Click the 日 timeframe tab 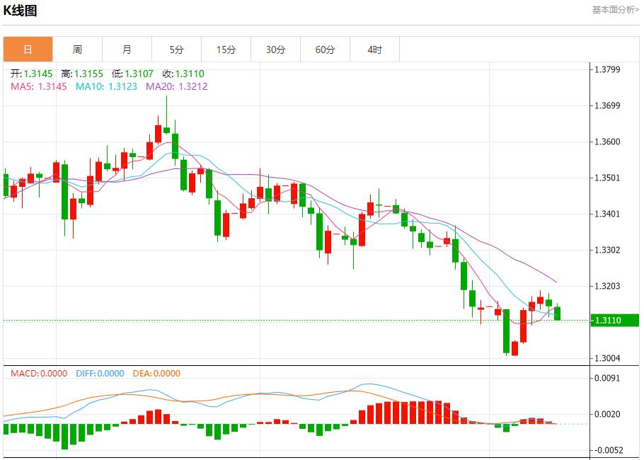(x=28, y=50)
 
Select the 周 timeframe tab (x=77, y=50)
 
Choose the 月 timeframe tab (x=127, y=50)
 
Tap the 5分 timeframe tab (x=176, y=50)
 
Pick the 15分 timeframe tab (x=226, y=50)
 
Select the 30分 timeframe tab (x=275, y=50)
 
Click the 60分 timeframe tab (x=325, y=50)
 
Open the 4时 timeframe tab (x=374, y=50)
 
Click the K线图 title (x=20, y=11)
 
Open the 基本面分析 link (x=614, y=10)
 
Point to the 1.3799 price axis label (x=607, y=69)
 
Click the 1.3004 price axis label (x=607, y=358)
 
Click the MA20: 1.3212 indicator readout (x=177, y=86)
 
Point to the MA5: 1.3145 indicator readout (x=39, y=86)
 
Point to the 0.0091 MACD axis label (x=607, y=378)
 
